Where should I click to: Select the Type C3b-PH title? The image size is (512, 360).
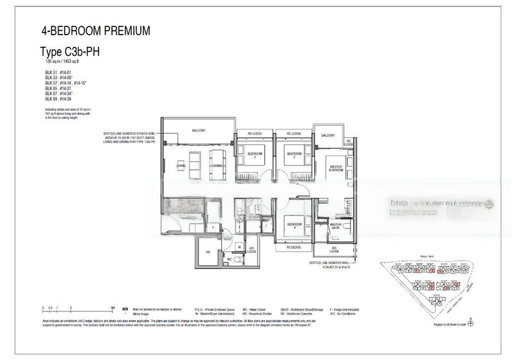coord(77,54)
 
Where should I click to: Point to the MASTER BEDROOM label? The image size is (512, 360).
coord(337,168)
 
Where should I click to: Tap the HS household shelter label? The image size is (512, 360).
coord(208,252)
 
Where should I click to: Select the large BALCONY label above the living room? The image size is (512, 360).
coord(198,131)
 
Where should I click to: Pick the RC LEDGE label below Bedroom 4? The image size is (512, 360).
coord(294,246)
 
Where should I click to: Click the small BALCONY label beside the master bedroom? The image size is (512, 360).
coord(328,136)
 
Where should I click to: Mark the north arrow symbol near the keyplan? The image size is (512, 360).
coord(470,318)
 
